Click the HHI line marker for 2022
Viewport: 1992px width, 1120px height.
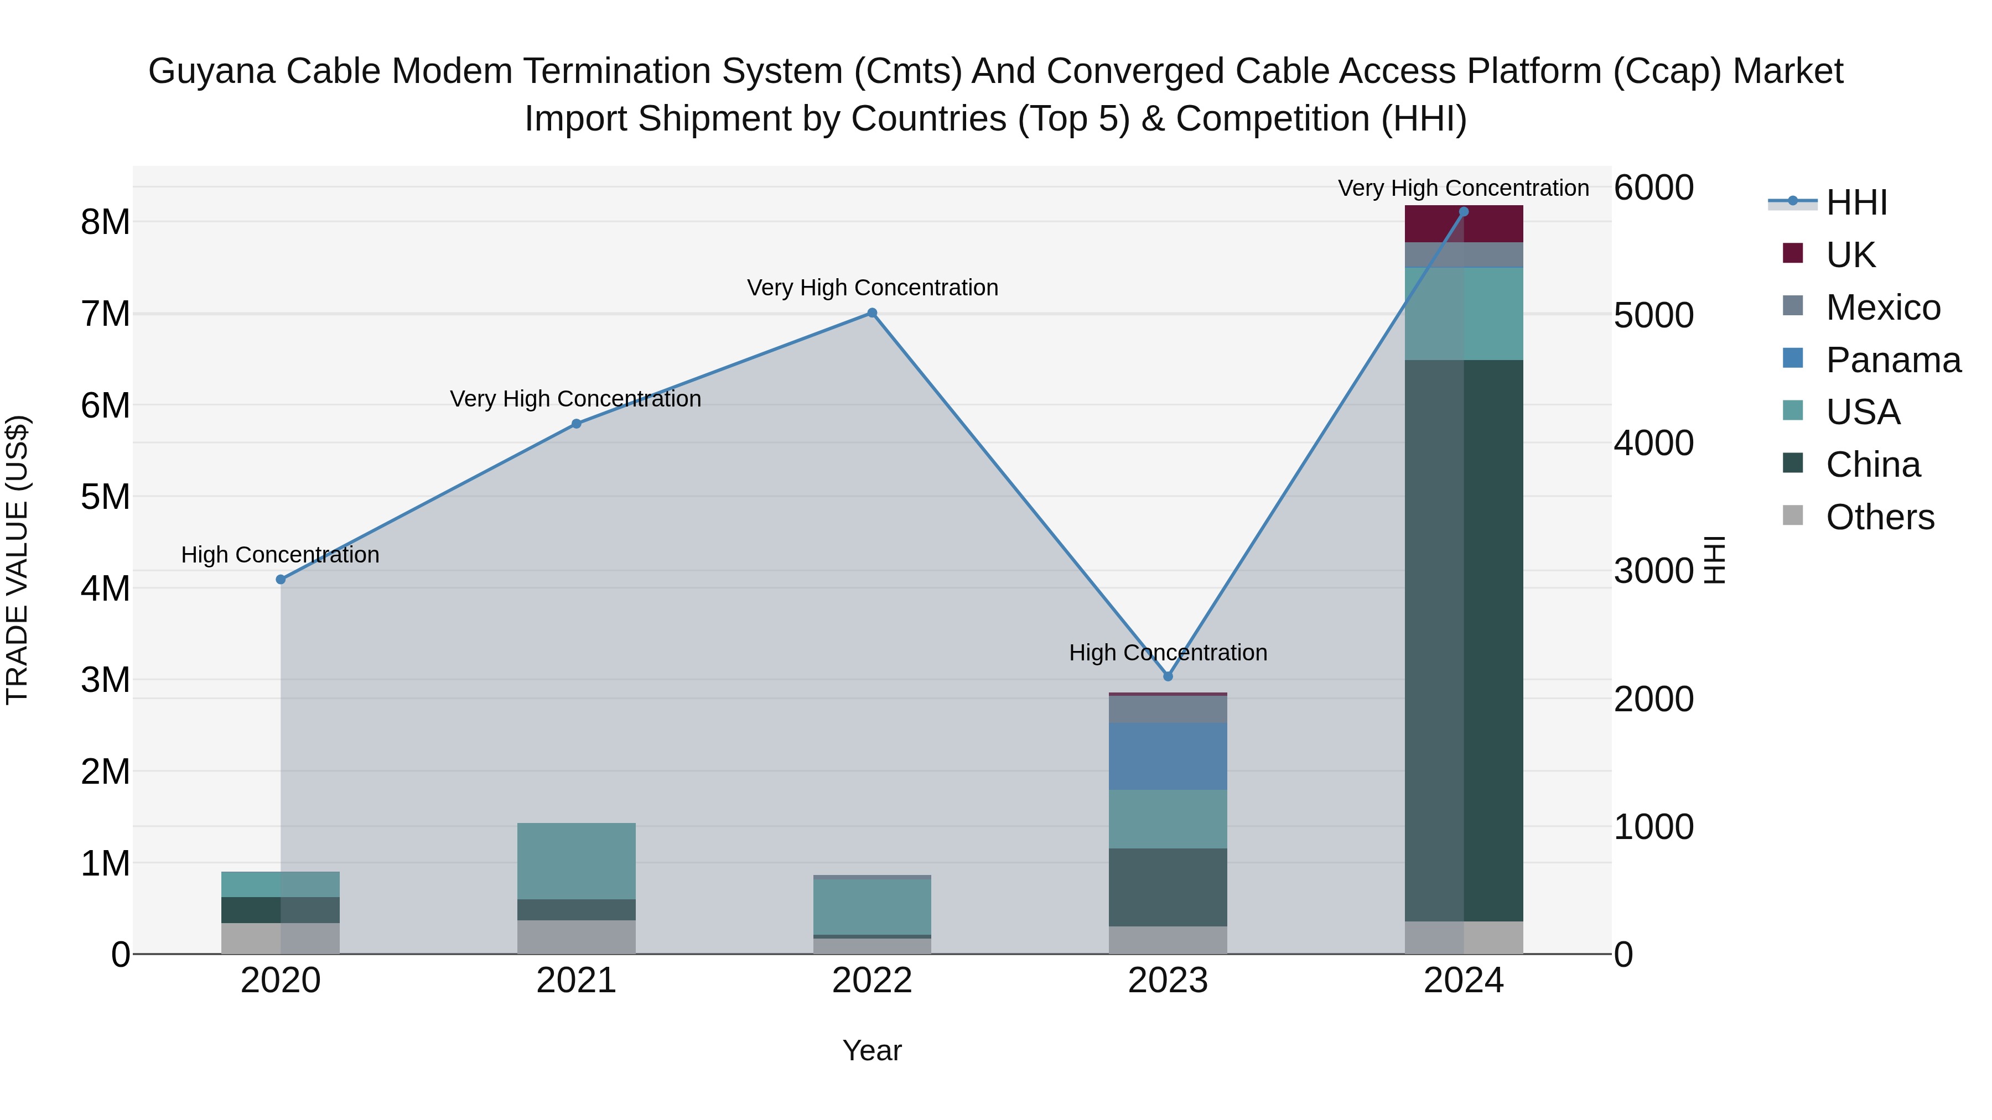tap(871, 313)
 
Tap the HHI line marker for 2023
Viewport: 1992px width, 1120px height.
tap(1168, 676)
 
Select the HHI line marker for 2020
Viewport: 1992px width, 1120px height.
tap(281, 580)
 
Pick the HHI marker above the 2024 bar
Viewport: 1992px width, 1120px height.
tap(1463, 212)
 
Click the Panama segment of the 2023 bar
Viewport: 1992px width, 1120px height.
tap(1168, 756)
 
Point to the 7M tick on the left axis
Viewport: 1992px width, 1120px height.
tap(105, 314)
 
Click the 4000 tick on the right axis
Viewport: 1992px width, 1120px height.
tap(1653, 443)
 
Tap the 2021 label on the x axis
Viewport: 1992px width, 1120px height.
tap(576, 981)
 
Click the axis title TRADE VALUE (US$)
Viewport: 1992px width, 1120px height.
tap(17, 560)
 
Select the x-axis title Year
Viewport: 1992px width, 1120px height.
tap(871, 1050)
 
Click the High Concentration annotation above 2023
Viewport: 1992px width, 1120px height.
tap(1168, 653)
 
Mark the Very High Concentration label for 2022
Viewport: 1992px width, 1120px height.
tap(871, 288)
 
